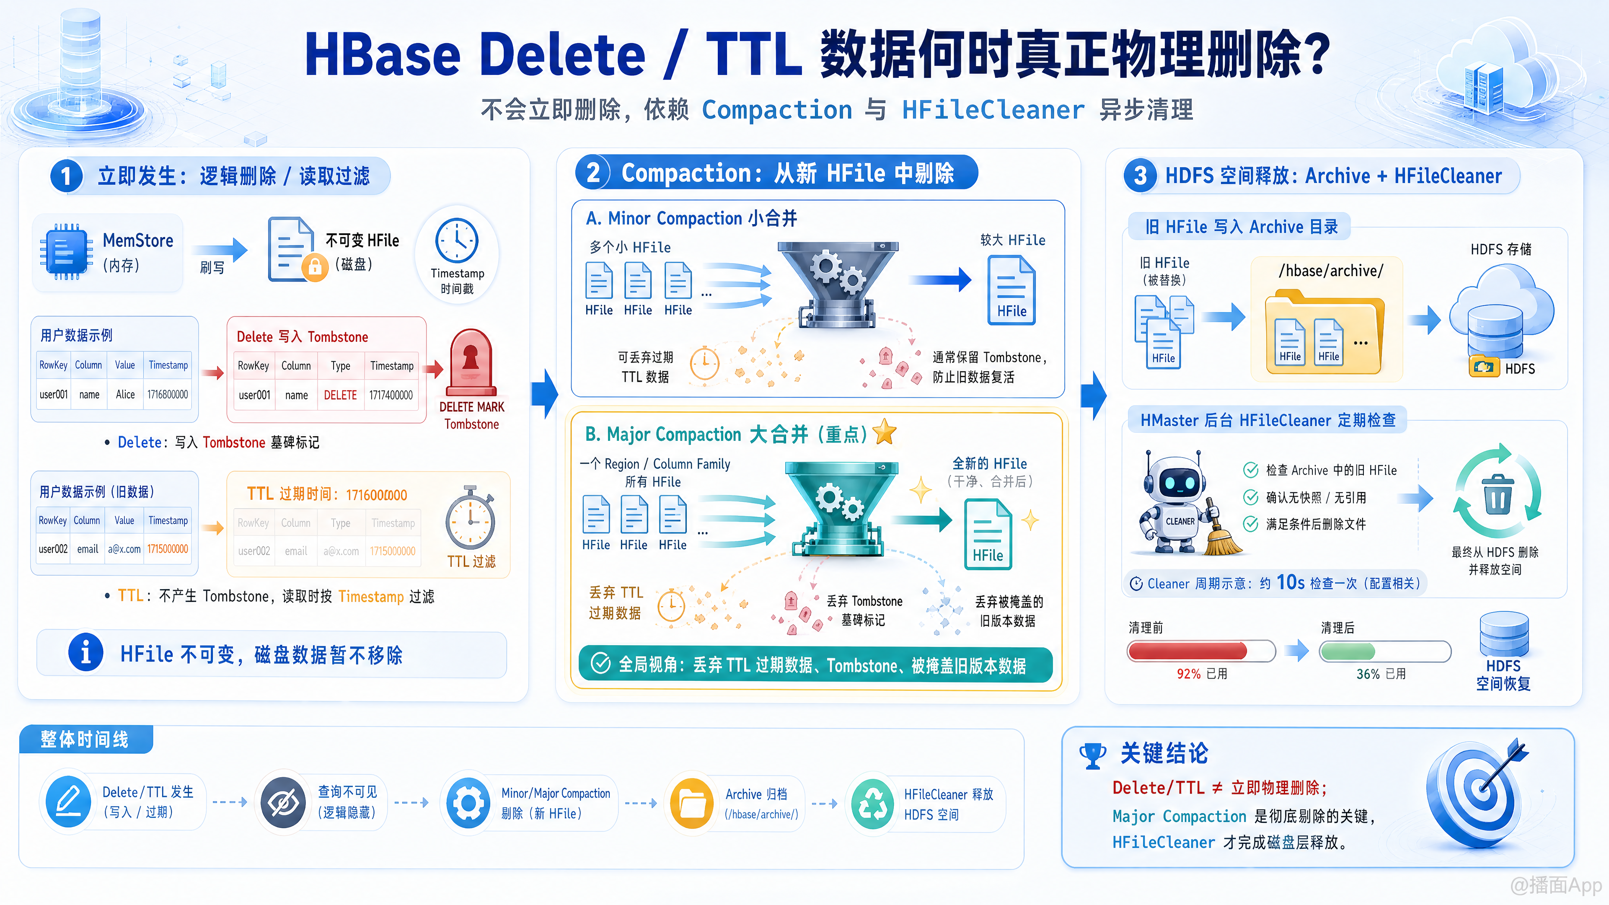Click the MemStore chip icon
click(63, 252)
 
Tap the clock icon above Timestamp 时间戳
click(457, 240)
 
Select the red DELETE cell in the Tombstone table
click(340, 395)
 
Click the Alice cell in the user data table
click(125, 394)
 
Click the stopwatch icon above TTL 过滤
click(470, 518)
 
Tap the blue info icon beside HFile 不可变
click(85, 653)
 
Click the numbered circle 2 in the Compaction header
click(593, 172)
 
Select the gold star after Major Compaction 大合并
click(885, 432)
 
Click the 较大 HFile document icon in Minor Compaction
click(1011, 290)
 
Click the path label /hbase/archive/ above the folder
click(1330, 270)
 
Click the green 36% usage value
click(1368, 674)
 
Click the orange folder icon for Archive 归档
click(691, 803)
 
